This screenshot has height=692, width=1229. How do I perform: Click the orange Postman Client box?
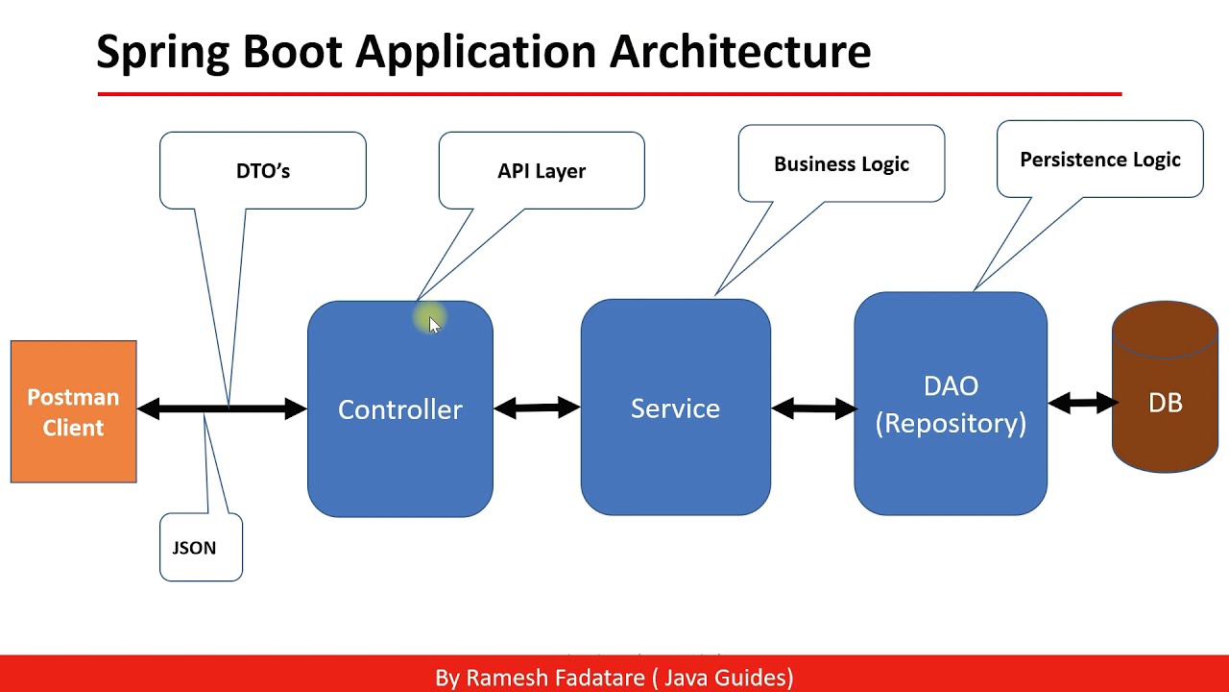(73, 411)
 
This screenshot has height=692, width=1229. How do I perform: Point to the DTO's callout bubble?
(262, 170)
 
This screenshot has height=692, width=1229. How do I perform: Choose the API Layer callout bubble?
(541, 170)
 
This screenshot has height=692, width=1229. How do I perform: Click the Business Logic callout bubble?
(841, 163)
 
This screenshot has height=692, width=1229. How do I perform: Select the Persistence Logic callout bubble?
(1099, 160)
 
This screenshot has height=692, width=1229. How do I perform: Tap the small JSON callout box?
(201, 548)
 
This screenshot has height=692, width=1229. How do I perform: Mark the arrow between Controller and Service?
(537, 408)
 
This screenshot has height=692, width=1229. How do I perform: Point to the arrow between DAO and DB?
(1082, 403)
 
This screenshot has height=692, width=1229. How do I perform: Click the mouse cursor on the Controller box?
(433, 323)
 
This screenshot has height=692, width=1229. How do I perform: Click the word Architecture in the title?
(740, 51)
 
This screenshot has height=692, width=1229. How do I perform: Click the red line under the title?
(609, 94)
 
